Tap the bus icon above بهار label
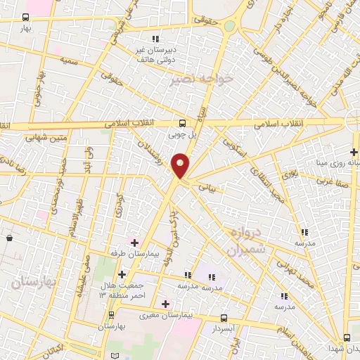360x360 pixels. (26, 18)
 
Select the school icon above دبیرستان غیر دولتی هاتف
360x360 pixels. (155, 39)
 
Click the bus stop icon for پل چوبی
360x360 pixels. (183, 121)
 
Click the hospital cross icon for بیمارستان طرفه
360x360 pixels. (134, 242)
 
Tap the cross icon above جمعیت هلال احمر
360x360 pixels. (122, 274)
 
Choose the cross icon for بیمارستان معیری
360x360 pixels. (165, 304)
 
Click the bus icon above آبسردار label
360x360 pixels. (224, 317)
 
